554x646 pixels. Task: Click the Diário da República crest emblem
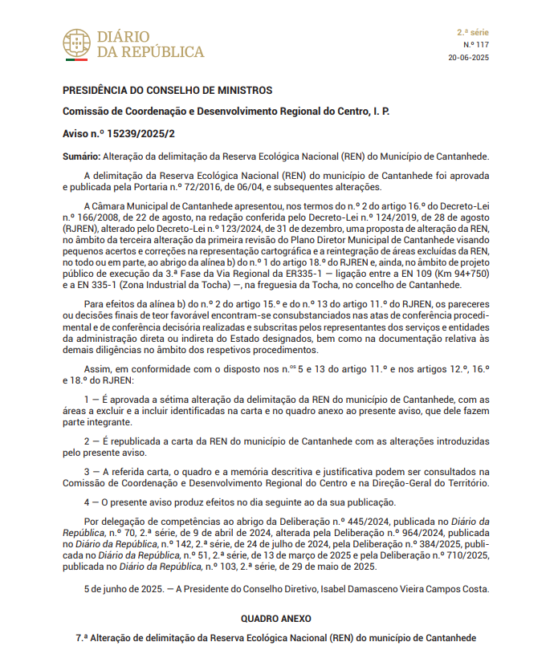pyautogui.click(x=76, y=45)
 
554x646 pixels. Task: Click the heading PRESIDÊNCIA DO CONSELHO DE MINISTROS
pyautogui.click(x=168, y=90)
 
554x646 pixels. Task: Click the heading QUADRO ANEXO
pyautogui.click(x=276, y=619)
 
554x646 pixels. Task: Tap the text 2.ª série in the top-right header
pyautogui.click(x=472, y=32)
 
